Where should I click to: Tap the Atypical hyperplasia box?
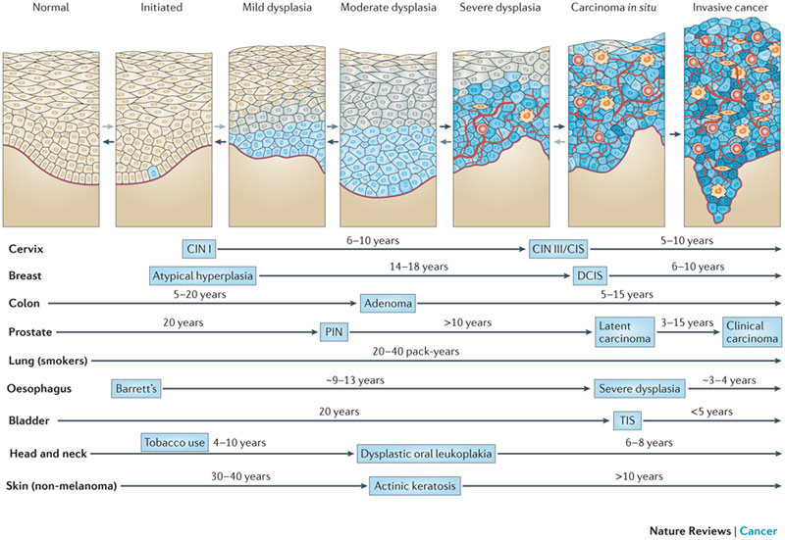203,275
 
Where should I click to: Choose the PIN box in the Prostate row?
331,331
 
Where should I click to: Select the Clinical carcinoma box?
751,331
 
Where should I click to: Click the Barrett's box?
137,388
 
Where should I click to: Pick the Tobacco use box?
175,444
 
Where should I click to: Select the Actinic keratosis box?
415,485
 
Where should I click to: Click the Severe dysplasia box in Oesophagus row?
639,388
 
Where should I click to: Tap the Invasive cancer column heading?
732,9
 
